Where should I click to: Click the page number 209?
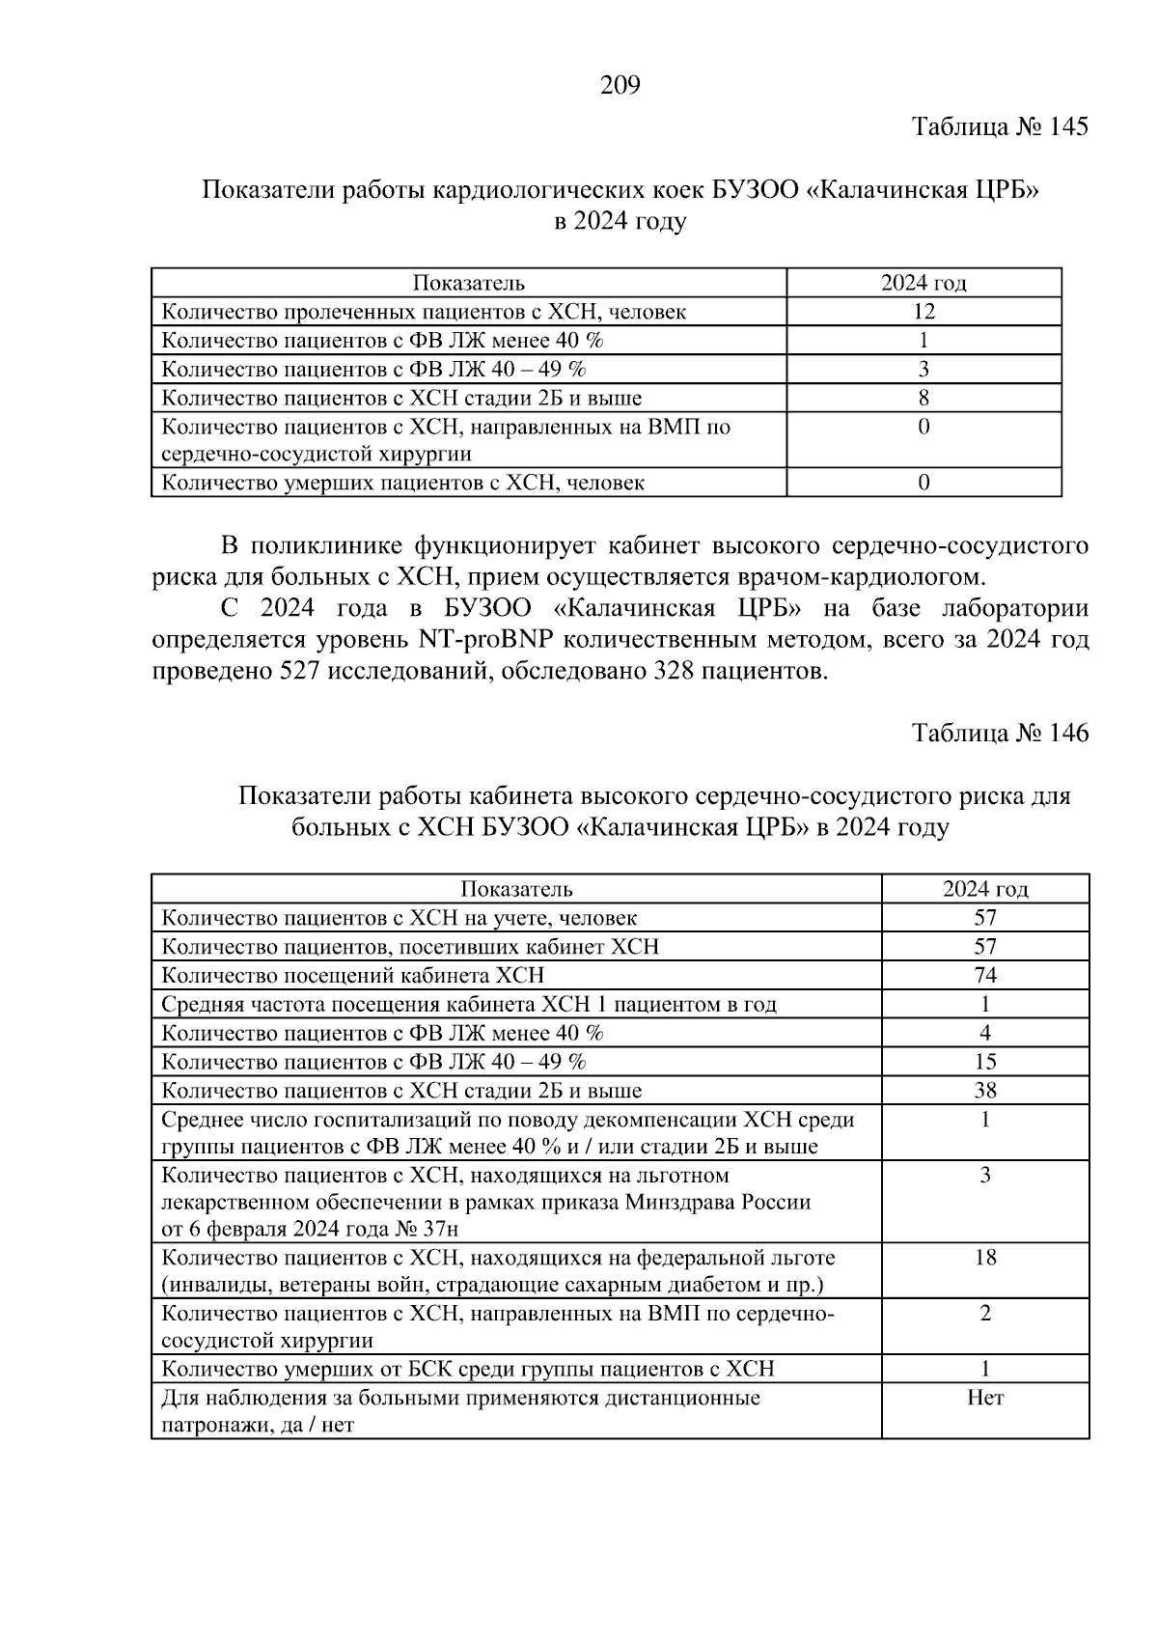click(x=620, y=87)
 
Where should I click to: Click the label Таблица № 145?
click(x=1000, y=126)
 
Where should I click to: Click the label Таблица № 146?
click(x=1000, y=733)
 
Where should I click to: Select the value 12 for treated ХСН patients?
click(x=924, y=311)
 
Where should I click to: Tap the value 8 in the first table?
click(x=924, y=398)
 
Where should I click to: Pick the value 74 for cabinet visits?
click(x=984, y=975)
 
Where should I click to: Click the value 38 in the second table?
click(x=984, y=1091)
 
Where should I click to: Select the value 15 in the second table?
click(x=984, y=1062)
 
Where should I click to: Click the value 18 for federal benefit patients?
click(x=984, y=1258)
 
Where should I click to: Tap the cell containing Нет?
click(x=984, y=1398)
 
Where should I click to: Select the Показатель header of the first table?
click(x=469, y=283)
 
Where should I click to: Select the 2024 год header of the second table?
click(x=984, y=889)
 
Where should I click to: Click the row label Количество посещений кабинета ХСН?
click(x=352, y=975)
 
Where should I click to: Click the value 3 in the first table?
click(x=924, y=369)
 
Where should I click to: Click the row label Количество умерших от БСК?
click(x=467, y=1369)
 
